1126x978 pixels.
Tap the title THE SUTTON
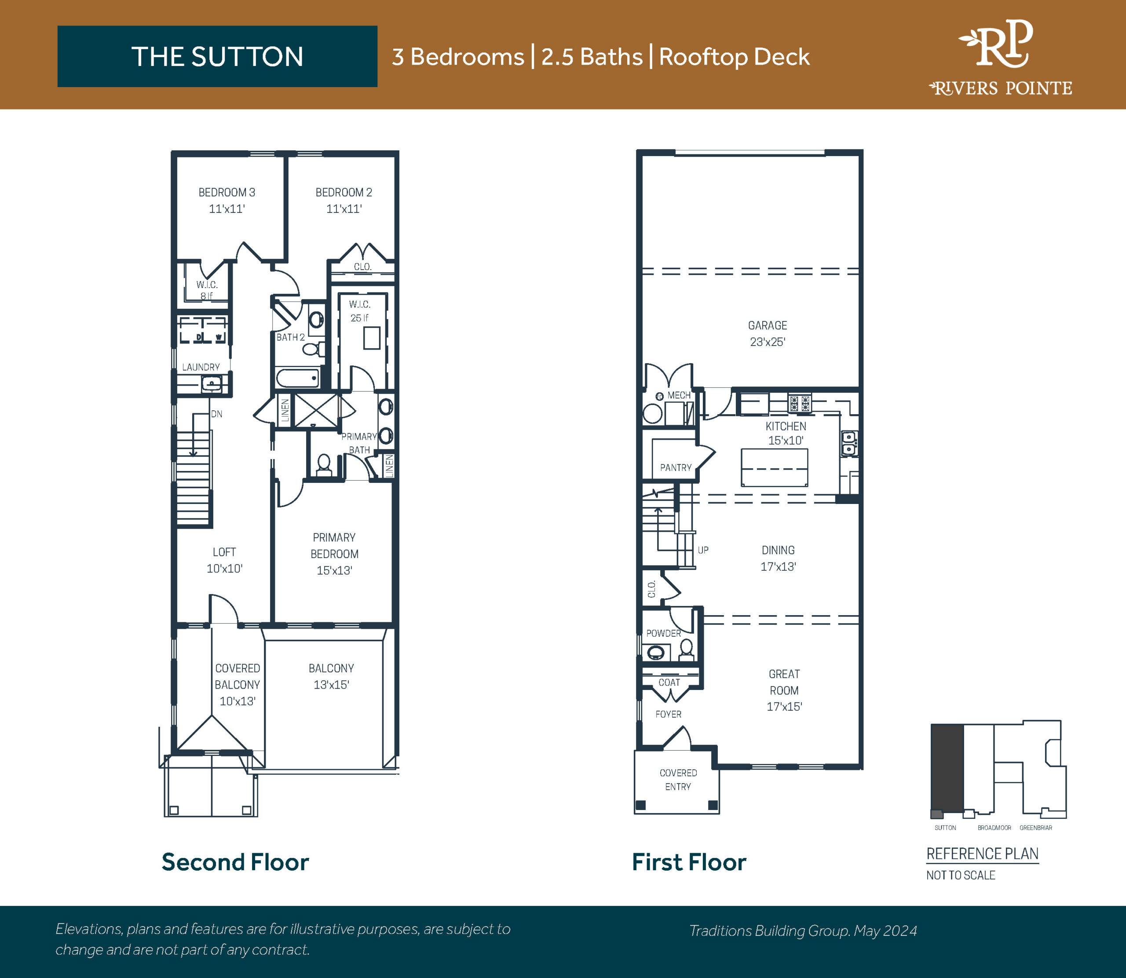[x=217, y=57]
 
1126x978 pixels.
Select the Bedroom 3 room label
[x=227, y=200]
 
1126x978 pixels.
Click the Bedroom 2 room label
[x=344, y=200]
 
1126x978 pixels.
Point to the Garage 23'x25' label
[x=768, y=333]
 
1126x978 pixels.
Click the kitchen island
[x=774, y=468]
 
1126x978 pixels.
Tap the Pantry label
[x=676, y=468]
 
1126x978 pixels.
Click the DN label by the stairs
[x=217, y=414]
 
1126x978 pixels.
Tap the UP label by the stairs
[x=703, y=550]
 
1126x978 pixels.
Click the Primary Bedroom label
[x=335, y=554]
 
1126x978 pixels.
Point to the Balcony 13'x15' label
[x=331, y=677]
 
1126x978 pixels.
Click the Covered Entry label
[x=678, y=780]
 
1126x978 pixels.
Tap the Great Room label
[x=784, y=690]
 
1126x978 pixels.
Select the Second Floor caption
[x=235, y=862]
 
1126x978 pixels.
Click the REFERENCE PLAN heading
[x=983, y=854]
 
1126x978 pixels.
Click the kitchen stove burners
[x=800, y=403]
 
